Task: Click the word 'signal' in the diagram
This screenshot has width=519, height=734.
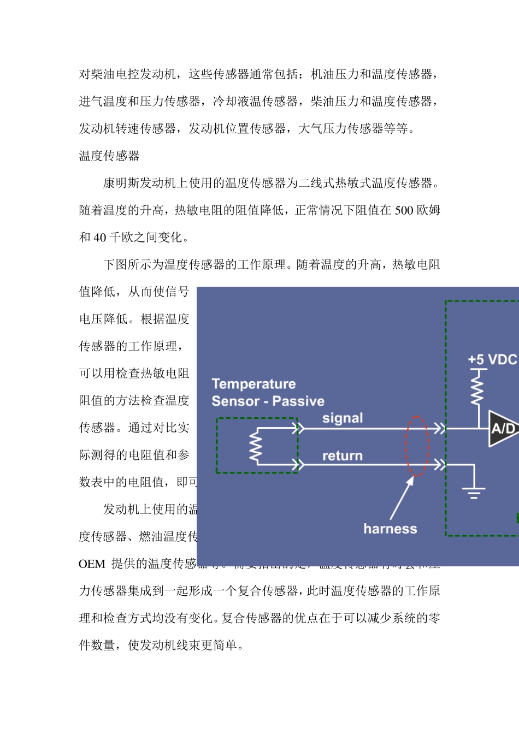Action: click(343, 418)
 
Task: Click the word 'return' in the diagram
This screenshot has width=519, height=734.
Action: click(343, 456)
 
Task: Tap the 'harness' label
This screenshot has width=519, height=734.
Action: click(390, 529)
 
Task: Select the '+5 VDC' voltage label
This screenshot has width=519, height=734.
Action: click(492, 359)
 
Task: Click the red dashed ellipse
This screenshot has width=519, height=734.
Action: click(417, 446)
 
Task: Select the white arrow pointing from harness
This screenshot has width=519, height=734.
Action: click(402, 498)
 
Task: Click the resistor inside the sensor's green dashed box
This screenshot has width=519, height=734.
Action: click(255, 447)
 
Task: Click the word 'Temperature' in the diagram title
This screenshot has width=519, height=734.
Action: click(253, 384)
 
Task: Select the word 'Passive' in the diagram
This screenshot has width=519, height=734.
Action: click(298, 401)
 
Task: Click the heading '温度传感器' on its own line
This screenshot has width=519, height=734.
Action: click(109, 156)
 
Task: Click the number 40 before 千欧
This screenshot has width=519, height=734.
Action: click(100, 238)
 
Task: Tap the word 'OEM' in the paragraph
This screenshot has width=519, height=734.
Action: click(92, 564)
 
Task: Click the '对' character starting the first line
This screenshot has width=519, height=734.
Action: click(85, 74)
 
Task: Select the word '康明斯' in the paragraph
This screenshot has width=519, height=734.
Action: click(121, 183)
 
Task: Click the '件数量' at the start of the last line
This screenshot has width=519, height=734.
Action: click(97, 646)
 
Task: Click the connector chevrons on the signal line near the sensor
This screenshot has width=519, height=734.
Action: click(298, 428)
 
